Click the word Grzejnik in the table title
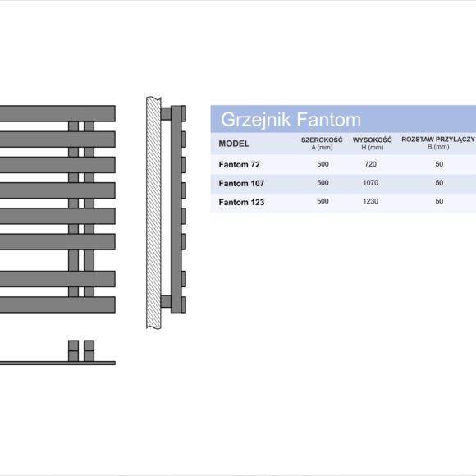coord(255,120)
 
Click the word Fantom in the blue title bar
coord(329,119)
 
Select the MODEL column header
coord(234,144)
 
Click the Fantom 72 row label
coord(239,164)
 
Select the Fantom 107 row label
coord(241,183)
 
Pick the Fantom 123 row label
coord(241,202)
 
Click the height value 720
coord(371,164)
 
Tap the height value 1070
coord(371,183)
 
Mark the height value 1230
coord(371,201)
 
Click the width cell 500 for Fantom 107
coord(323,183)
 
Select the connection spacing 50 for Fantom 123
coord(439,201)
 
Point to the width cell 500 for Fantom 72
coord(323,164)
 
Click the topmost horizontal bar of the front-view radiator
coord(57,113)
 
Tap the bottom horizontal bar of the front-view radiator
coord(57,304)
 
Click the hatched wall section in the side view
coord(153,213)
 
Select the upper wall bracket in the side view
coord(166,114)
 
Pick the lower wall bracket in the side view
coord(166,301)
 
